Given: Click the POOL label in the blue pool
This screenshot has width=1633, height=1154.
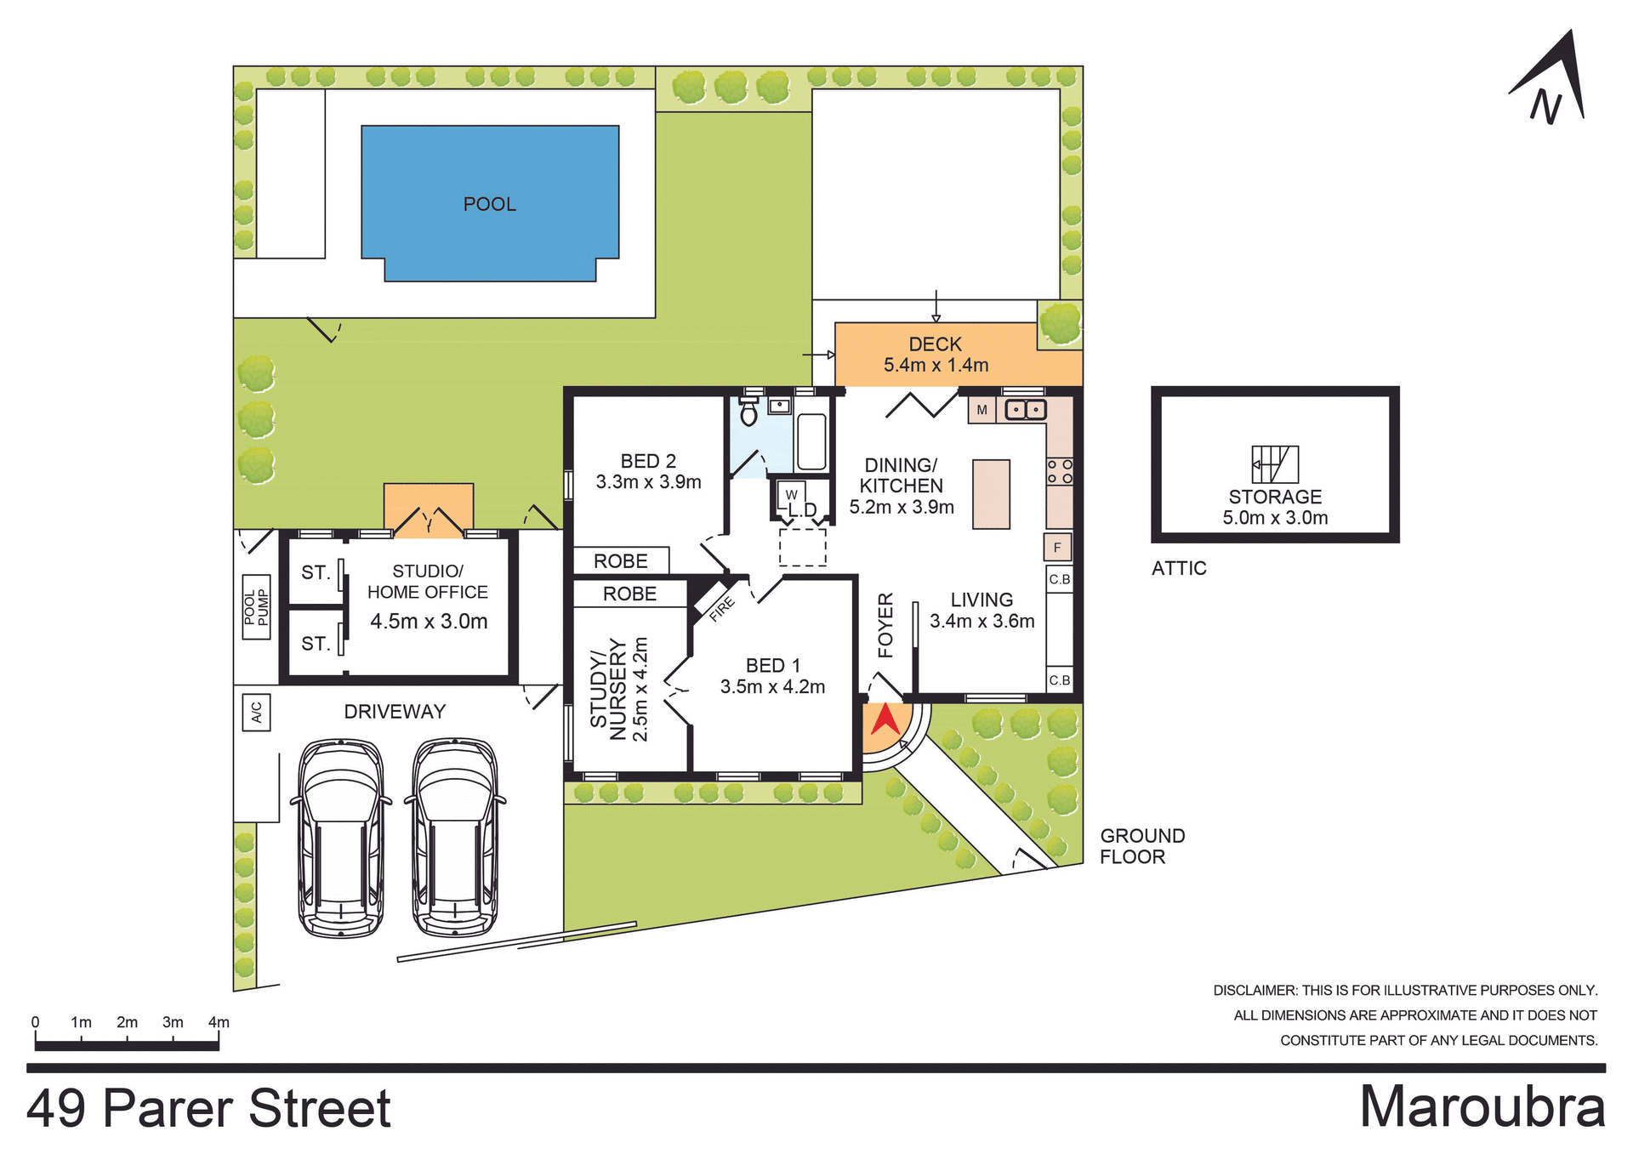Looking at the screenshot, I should (x=489, y=204).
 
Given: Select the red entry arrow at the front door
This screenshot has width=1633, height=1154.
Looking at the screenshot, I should (x=885, y=719).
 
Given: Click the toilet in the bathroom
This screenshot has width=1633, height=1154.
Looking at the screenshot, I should (x=748, y=412).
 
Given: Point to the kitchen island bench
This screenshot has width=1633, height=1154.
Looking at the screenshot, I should (x=991, y=494).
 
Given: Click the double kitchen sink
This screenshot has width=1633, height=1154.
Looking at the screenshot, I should (x=1025, y=410).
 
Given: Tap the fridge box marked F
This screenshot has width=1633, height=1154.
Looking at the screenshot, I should (x=1057, y=547).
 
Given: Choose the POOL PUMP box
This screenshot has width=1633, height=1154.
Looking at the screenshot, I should (x=256, y=606).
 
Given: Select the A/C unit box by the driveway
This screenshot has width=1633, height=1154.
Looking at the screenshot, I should (x=256, y=712).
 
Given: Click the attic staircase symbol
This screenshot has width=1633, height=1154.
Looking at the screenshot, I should (x=1274, y=464).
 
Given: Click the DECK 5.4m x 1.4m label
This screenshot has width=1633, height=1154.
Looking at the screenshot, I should (x=936, y=355).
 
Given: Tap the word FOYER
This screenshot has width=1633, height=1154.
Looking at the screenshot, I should (x=885, y=625).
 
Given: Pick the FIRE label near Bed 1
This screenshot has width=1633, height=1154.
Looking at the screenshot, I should (x=721, y=609).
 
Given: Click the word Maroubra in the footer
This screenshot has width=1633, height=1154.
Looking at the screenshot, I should (x=1482, y=1107).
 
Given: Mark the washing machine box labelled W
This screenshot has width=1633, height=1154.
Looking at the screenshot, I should (x=791, y=494).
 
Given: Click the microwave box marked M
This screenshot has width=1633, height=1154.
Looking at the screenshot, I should (x=982, y=410).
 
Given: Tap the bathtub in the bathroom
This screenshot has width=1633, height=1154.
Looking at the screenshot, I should (x=811, y=441).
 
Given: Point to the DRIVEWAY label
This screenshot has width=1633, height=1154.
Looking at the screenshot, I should (x=395, y=712).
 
